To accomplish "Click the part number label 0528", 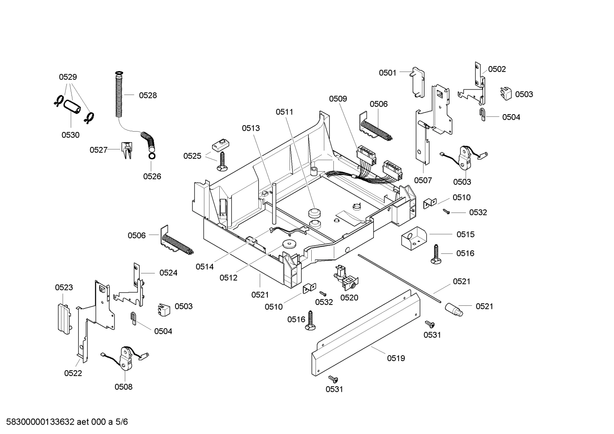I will pyautogui.click(x=148, y=95).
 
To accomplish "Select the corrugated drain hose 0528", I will pyautogui.click(x=120, y=96).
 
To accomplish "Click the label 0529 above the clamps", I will pyautogui.click(x=68, y=77).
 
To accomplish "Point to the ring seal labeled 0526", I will pyautogui.click(x=151, y=156).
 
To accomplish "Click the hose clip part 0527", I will pyautogui.click(x=127, y=150).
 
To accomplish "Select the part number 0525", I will pyautogui.click(x=192, y=156).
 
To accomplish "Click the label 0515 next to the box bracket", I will pyautogui.click(x=465, y=234).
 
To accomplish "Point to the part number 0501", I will pyautogui.click(x=387, y=73).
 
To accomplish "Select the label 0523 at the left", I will pyautogui.click(x=64, y=287).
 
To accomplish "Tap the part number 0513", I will pyautogui.click(x=251, y=128).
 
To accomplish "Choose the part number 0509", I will pyautogui.click(x=338, y=99).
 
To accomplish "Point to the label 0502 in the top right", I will pyautogui.click(x=497, y=69).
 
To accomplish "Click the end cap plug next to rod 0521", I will pyautogui.click(x=454, y=309).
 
